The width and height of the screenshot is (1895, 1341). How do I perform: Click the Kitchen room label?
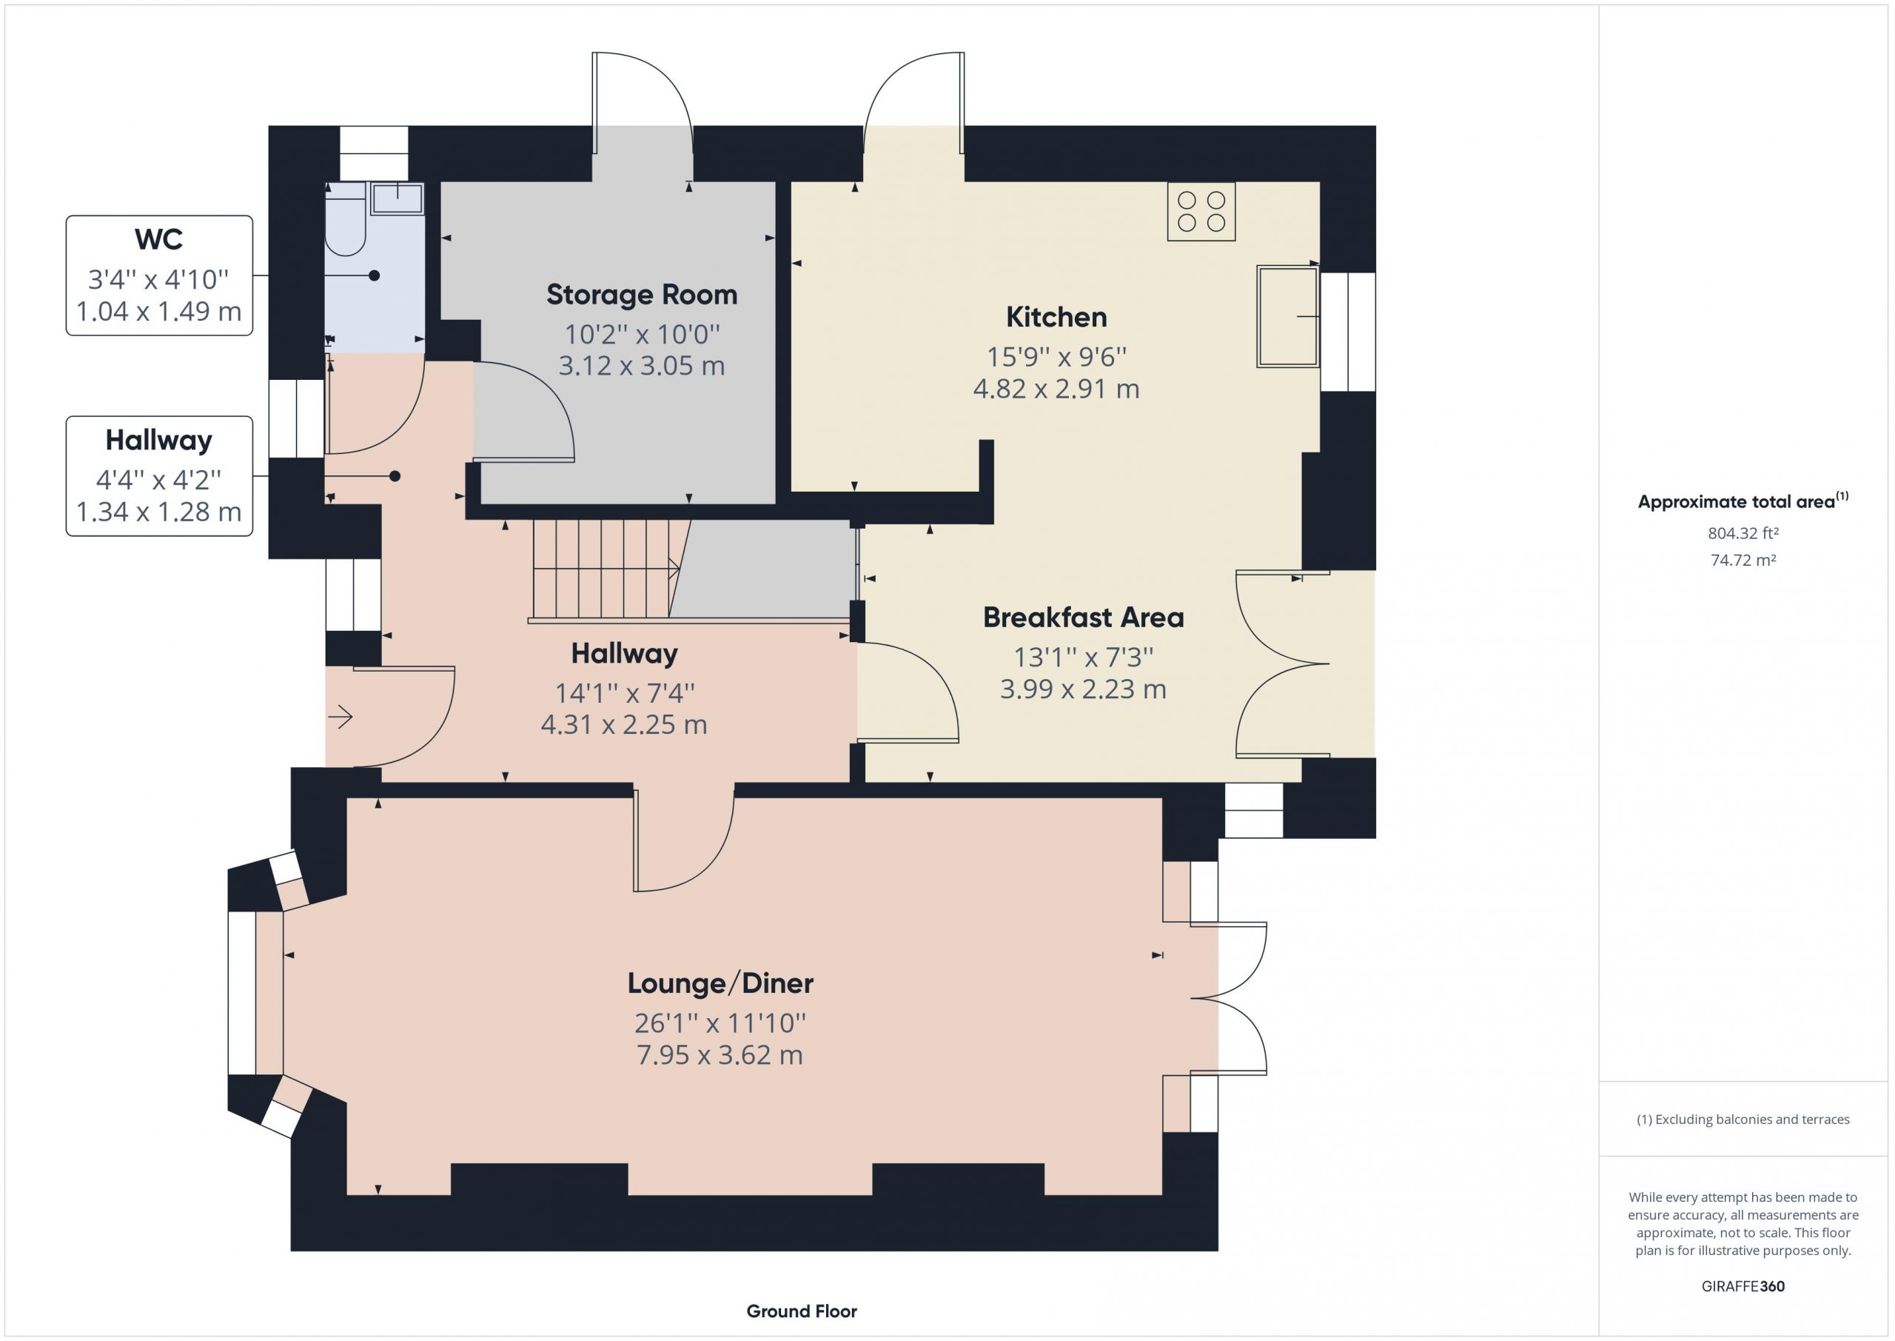point(1056,317)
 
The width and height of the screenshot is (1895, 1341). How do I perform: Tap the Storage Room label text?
point(641,295)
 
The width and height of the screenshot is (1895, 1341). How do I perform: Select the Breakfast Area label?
point(1083,618)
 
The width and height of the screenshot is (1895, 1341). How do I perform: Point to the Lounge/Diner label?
point(720,983)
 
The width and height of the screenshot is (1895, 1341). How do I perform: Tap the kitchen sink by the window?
point(1287,315)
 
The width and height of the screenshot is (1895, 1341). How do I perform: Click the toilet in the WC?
point(345,219)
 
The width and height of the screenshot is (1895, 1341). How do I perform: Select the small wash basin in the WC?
point(397,199)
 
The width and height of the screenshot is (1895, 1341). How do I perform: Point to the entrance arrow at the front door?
point(341,716)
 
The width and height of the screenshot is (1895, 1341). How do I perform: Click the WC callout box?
point(159,275)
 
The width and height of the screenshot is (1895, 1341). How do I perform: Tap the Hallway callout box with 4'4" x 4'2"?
point(159,476)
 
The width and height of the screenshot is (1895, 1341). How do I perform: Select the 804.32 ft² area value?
point(1743,533)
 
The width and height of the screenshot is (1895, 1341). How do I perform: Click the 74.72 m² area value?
point(1743,560)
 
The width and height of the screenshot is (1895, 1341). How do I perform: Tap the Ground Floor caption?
point(802,1311)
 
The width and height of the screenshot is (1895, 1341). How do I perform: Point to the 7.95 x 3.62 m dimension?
point(720,1054)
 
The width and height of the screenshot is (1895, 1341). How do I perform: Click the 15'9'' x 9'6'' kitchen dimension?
point(1056,357)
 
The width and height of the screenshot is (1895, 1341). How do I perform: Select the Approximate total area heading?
point(1743,501)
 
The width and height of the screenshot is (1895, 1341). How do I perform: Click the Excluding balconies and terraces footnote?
point(1743,1119)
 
